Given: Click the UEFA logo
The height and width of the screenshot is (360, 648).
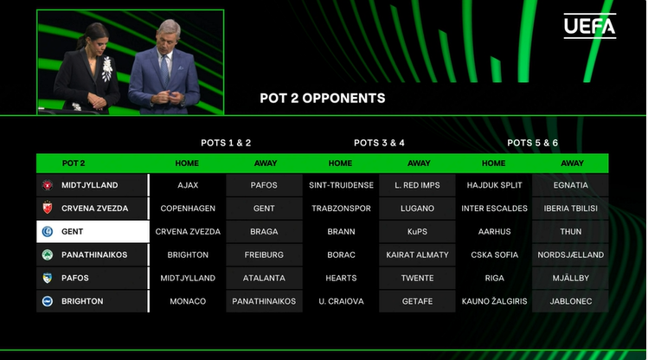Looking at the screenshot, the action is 590,26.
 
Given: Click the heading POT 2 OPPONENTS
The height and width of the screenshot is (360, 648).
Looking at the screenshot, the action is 323,99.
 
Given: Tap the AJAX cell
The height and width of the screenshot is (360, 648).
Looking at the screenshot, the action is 188,185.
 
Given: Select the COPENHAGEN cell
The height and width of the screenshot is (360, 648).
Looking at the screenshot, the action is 188,209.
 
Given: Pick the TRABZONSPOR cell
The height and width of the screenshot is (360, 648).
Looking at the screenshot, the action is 341,209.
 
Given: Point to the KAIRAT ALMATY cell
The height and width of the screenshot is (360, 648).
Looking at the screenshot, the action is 417,254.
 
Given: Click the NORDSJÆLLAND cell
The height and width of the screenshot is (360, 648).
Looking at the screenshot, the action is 570,254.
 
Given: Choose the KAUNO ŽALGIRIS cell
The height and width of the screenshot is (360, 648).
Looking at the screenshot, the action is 494,301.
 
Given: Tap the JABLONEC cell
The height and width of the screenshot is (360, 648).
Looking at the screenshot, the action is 570,301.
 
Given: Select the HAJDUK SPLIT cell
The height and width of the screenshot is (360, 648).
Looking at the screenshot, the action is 494,185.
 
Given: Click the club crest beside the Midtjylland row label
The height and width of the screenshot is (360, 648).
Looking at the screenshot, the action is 48,185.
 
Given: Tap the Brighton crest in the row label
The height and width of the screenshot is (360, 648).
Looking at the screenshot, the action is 48,301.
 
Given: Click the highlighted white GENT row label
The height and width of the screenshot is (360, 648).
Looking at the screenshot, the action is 93,231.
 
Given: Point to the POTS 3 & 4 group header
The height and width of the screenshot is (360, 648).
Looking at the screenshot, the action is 379,143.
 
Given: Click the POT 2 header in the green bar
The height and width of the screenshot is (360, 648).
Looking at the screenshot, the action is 74,164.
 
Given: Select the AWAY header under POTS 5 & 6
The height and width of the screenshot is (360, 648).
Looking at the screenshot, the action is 572,164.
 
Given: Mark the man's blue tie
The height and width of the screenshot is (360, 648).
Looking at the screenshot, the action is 165,70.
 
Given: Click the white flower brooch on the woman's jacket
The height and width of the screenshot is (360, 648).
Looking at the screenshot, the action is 107,68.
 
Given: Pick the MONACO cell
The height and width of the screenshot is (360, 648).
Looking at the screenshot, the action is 188,301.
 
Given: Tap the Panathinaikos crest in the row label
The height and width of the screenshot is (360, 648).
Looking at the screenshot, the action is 48,254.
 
